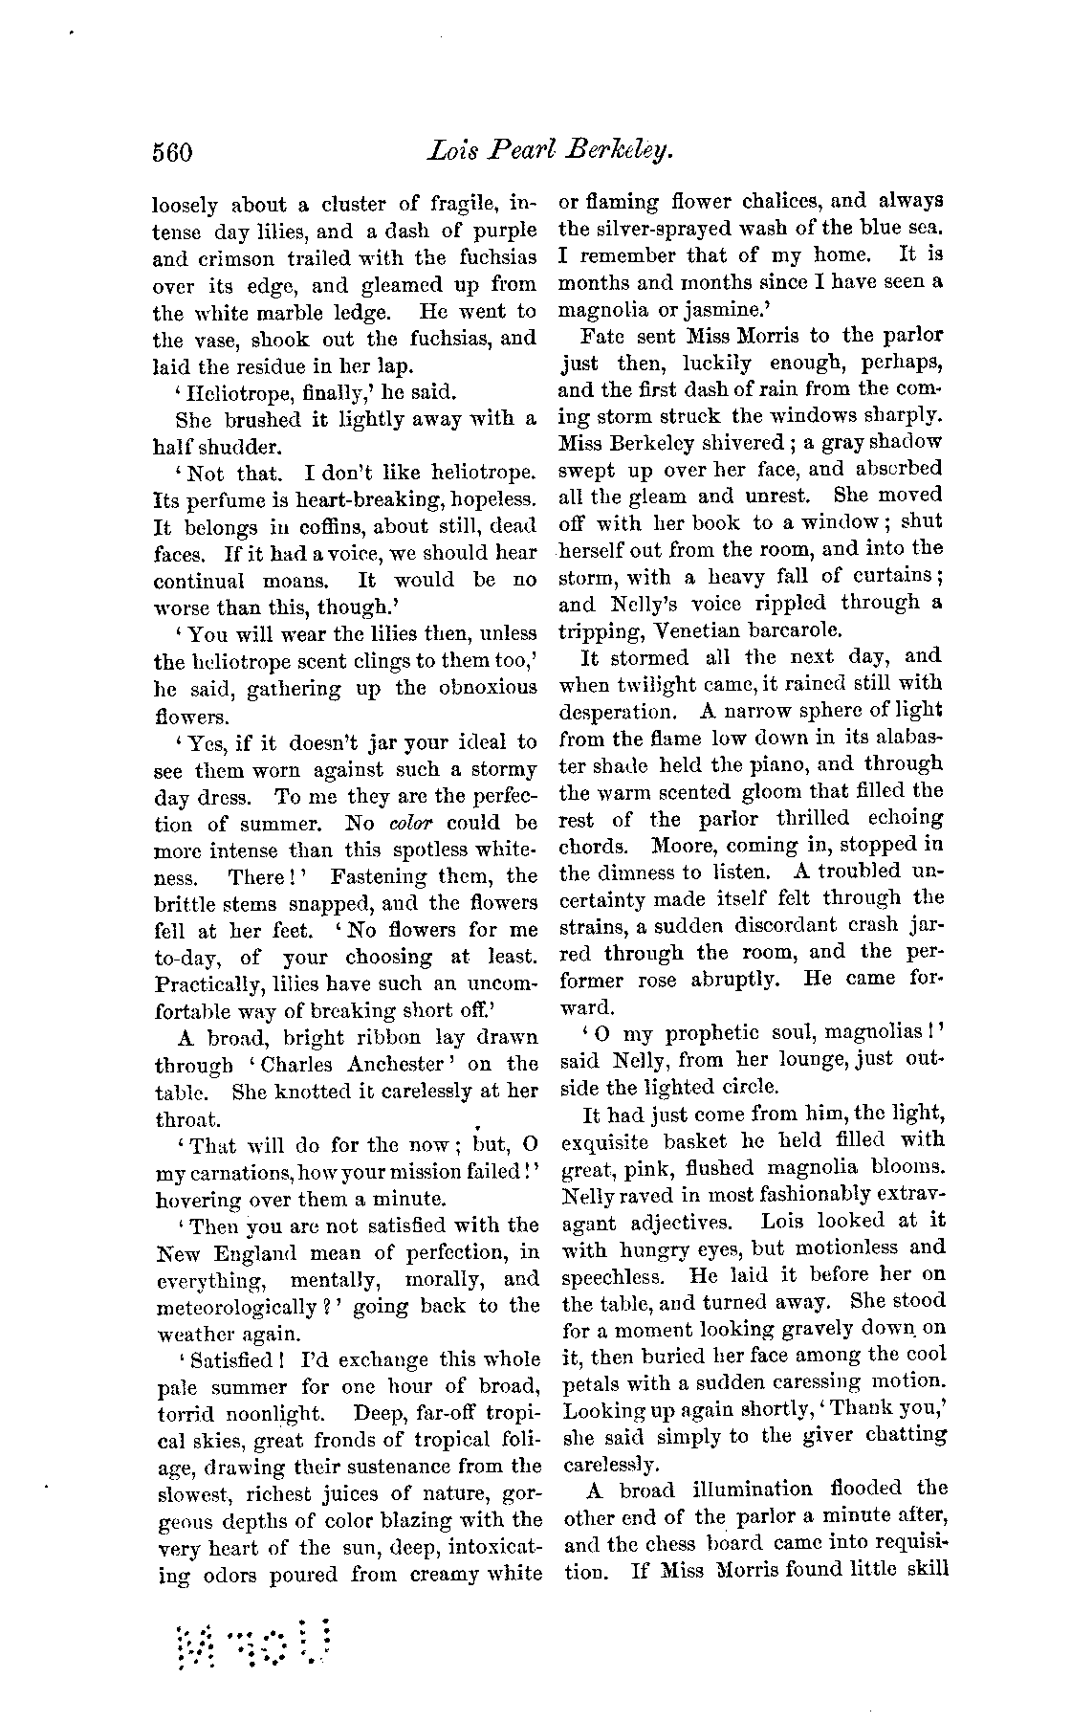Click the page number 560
173,152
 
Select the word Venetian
711,629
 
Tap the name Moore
685,845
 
